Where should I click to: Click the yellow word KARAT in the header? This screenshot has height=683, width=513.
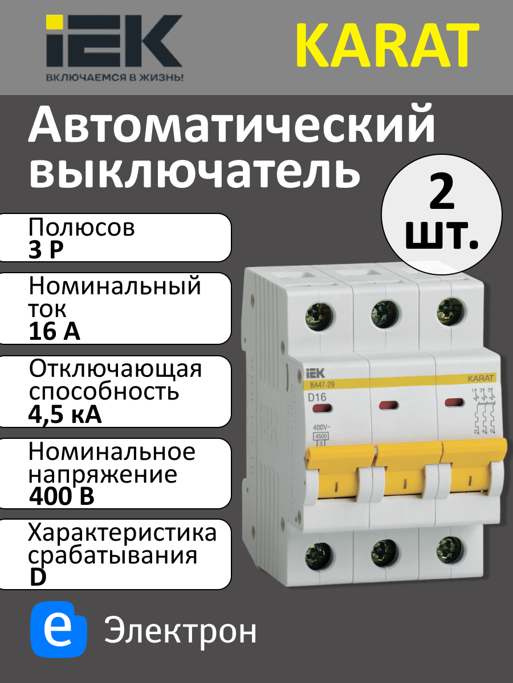(387, 45)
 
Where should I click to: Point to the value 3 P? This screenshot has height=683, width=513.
(46, 251)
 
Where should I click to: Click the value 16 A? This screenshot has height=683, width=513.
(54, 332)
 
